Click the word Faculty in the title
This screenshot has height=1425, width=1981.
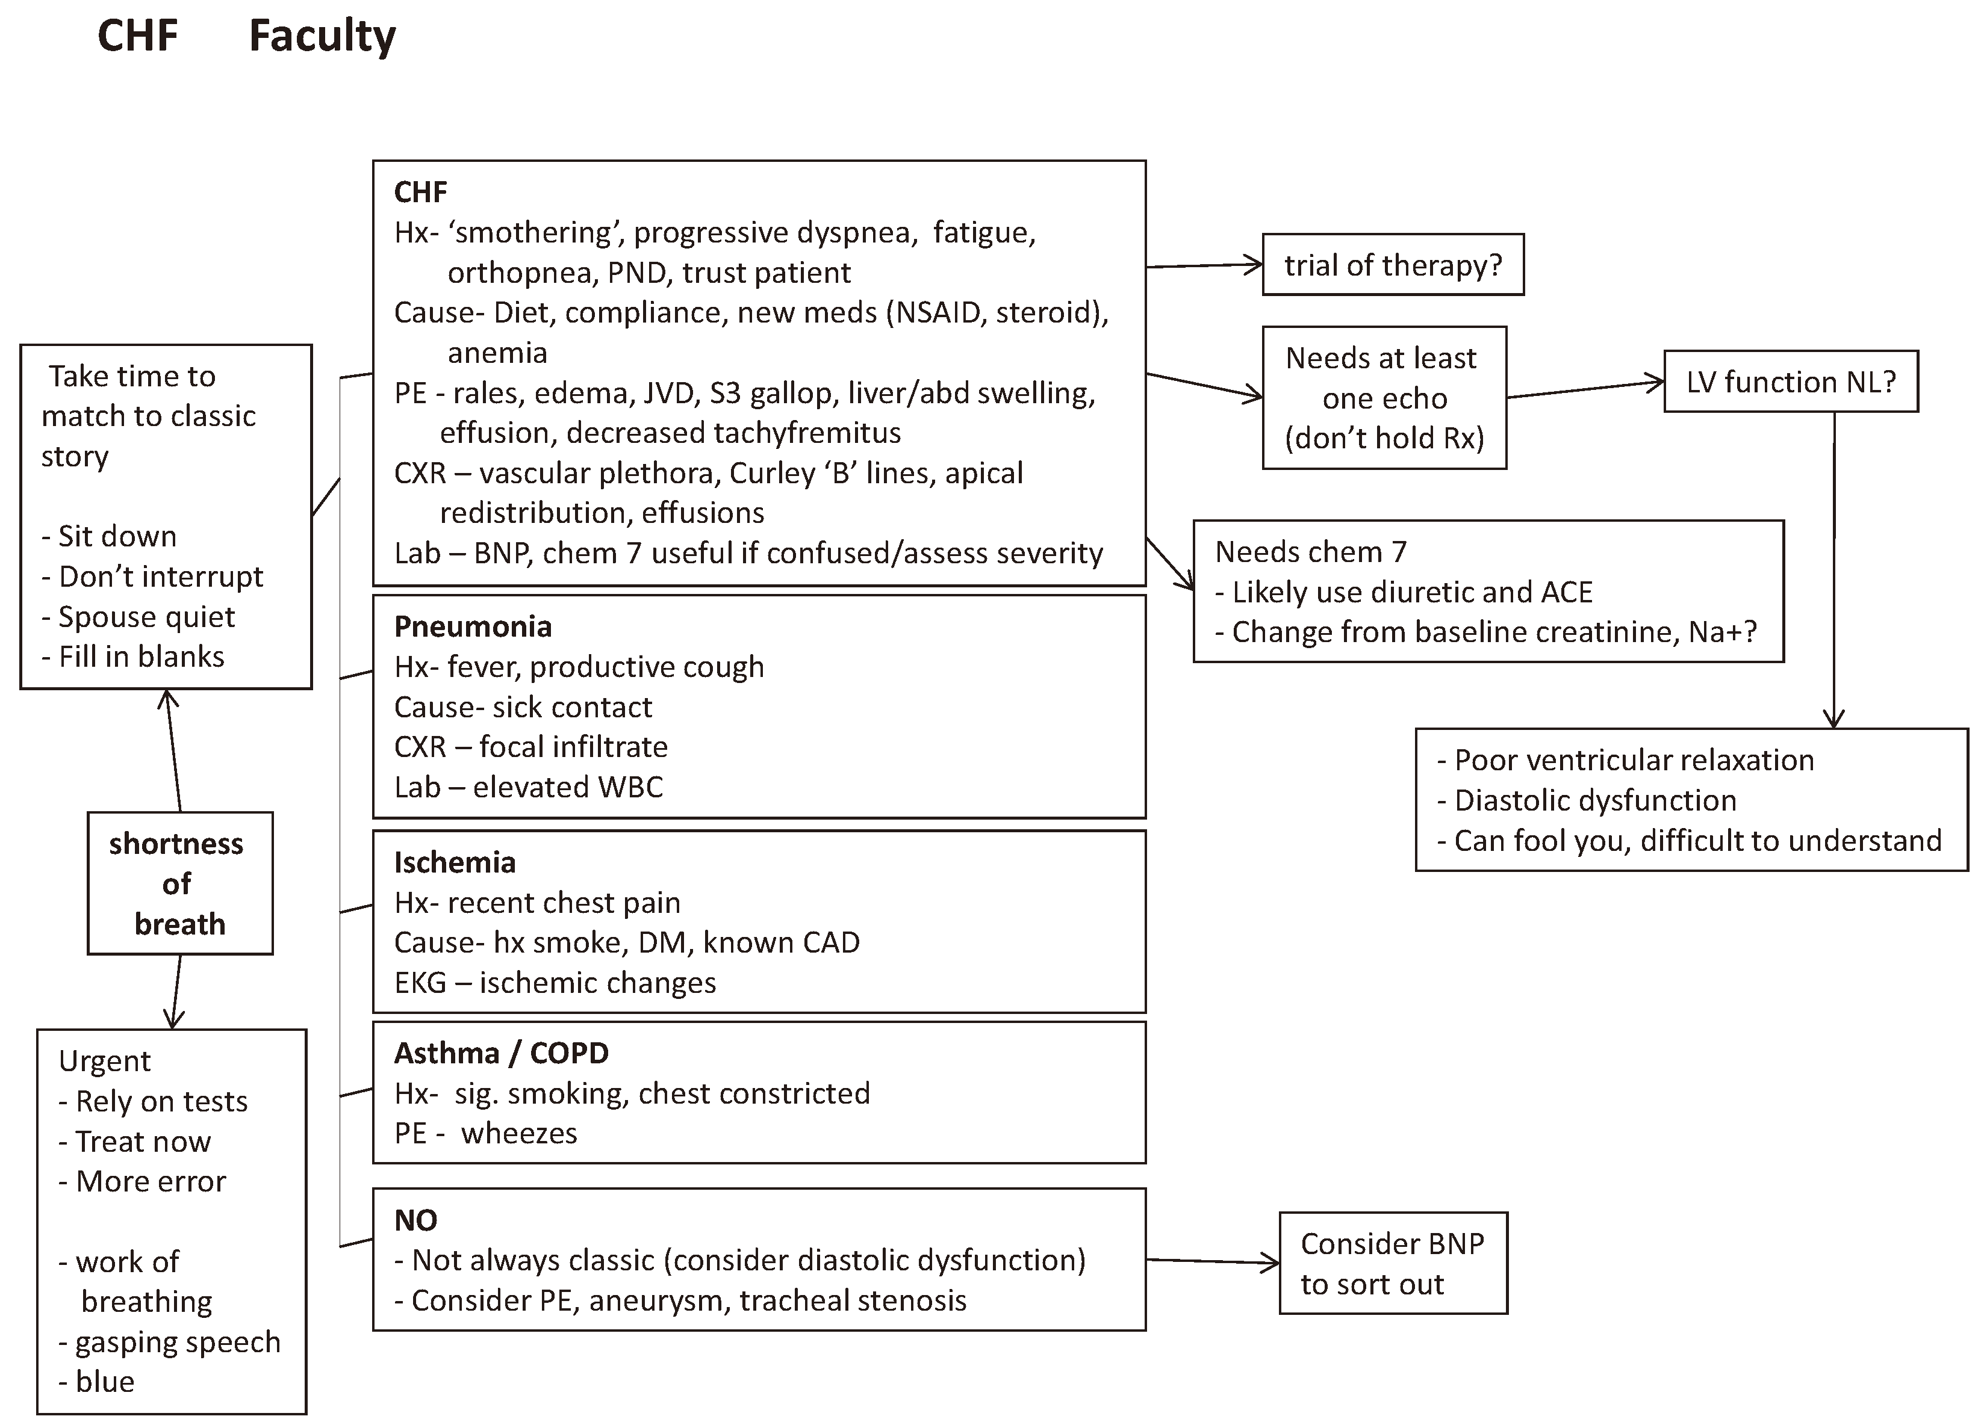pos(322,37)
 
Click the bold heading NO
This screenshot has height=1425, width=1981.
pos(415,1220)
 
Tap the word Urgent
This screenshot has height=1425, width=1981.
pos(104,1061)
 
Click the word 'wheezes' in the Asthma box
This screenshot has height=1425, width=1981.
pos(519,1133)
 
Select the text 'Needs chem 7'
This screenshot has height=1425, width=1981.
pos(1310,552)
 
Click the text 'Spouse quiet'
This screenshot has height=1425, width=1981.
pos(146,616)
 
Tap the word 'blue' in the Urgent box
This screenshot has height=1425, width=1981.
pos(104,1381)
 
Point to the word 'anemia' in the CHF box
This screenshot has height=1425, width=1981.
pos(497,353)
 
